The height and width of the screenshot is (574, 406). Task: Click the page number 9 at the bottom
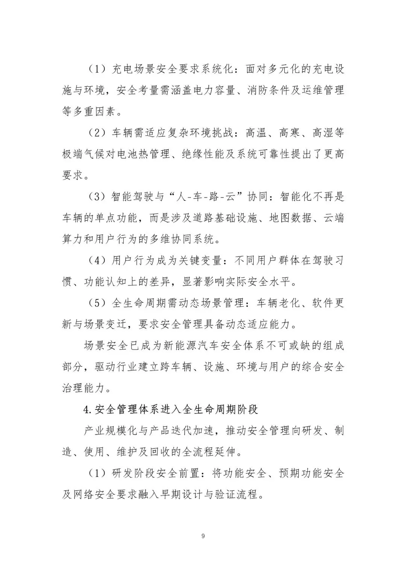(203, 536)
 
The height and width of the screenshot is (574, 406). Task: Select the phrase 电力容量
(198, 91)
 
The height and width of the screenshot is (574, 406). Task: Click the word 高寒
(290, 133)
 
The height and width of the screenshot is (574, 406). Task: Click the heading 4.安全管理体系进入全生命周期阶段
(171, 409)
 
